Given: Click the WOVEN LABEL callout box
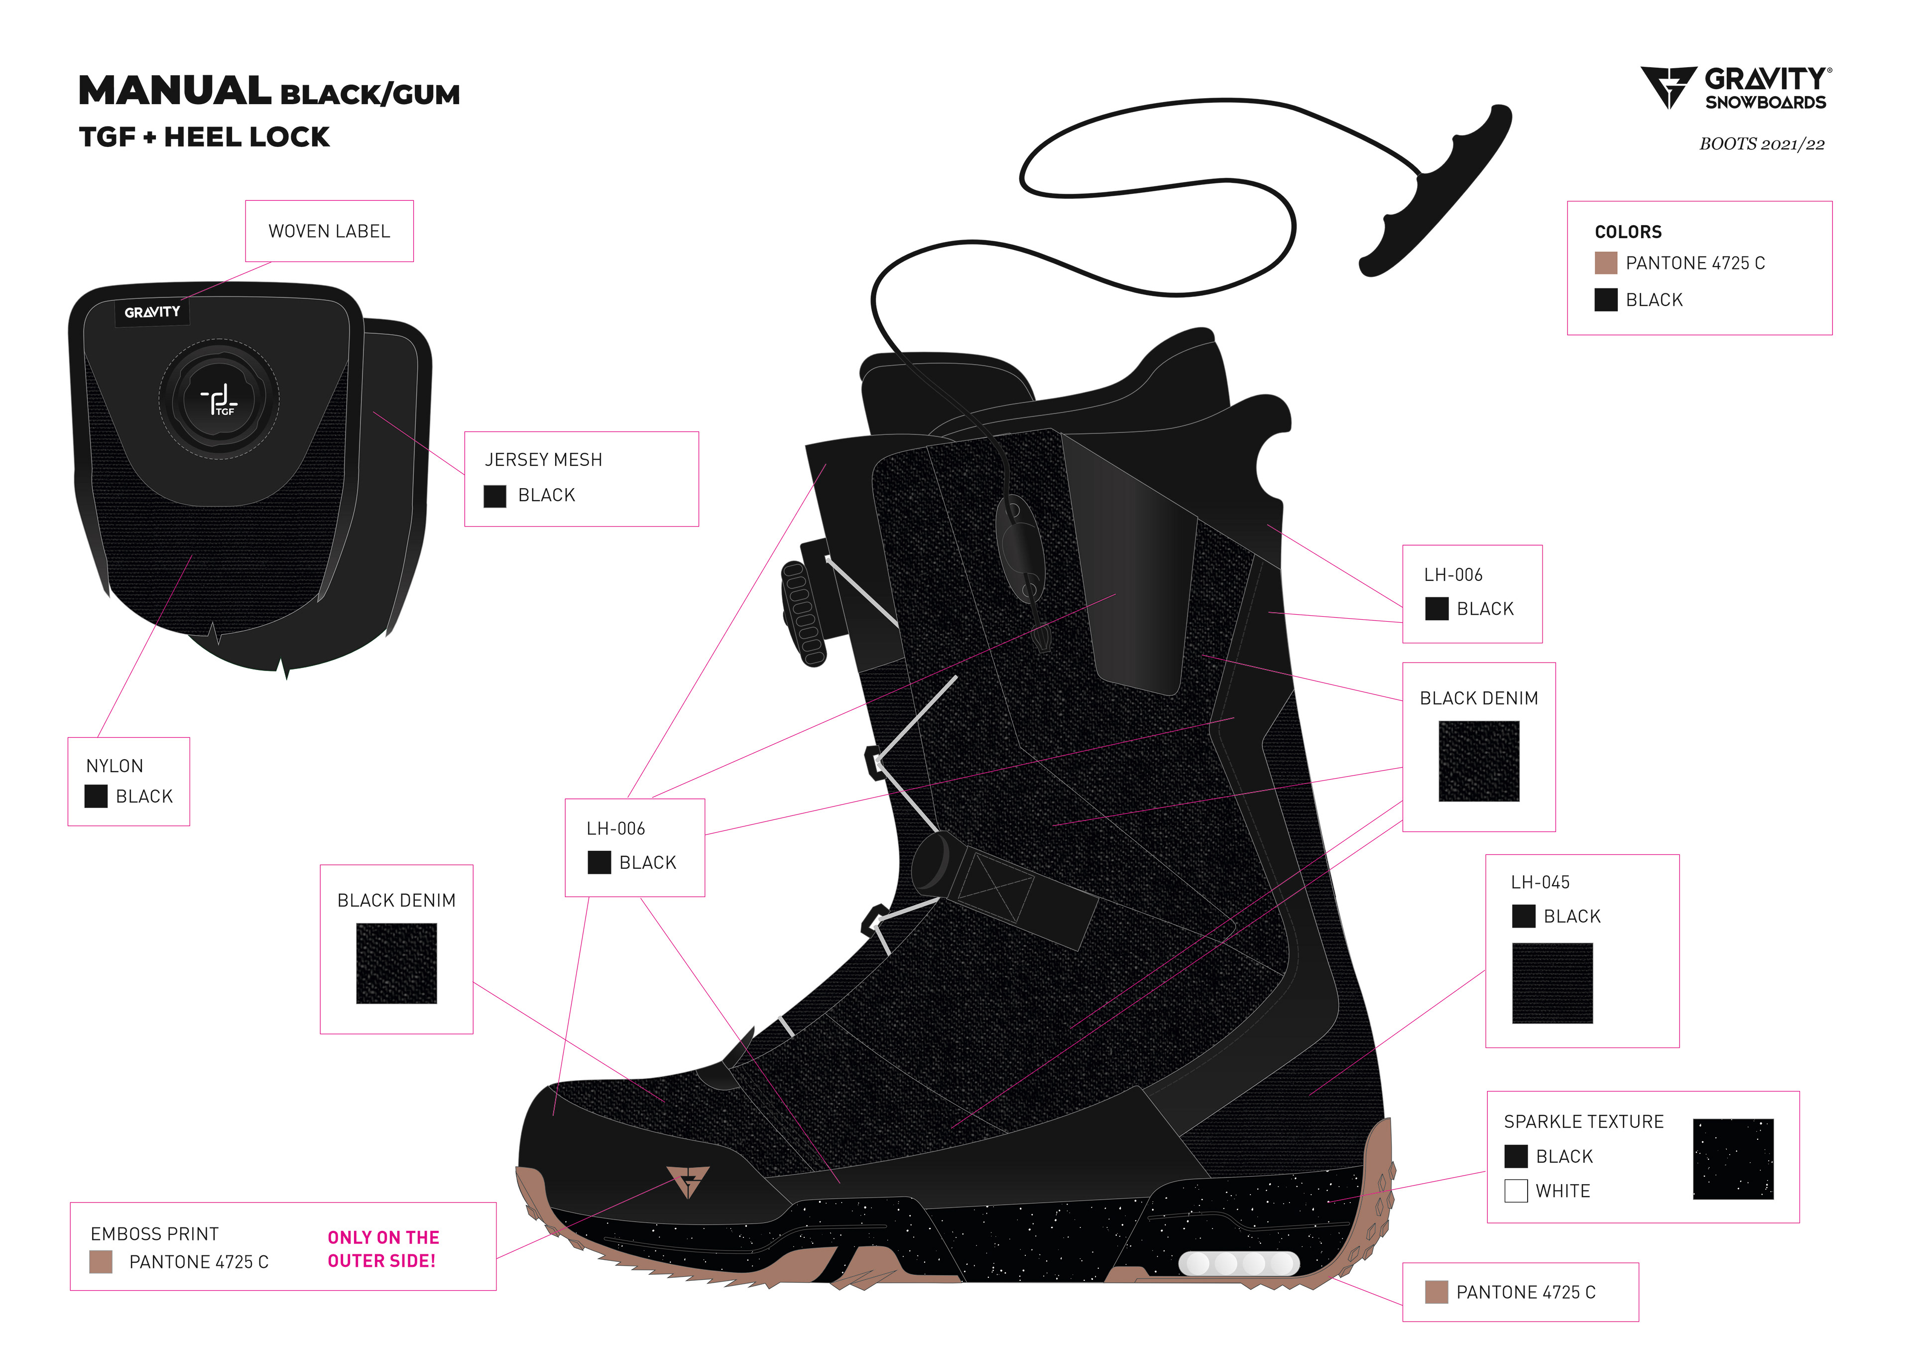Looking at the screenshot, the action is pos(329,231).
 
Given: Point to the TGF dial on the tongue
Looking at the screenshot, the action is pos(219,398).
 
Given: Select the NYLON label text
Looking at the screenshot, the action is pos(115,766).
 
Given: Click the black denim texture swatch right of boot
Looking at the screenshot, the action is pos(1478,761).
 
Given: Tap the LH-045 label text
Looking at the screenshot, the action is pos(1540,881).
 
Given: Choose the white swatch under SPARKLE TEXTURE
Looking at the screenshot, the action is pos(1516,1191).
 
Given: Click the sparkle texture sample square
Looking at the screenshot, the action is pos(1732,1158).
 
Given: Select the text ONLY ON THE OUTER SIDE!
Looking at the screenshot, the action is pos(382,1249).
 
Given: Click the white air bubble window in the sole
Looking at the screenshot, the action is pos(1238,1263).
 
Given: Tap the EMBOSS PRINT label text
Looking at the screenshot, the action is pos(155,1234).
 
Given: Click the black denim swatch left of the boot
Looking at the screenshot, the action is pos(396,962).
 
